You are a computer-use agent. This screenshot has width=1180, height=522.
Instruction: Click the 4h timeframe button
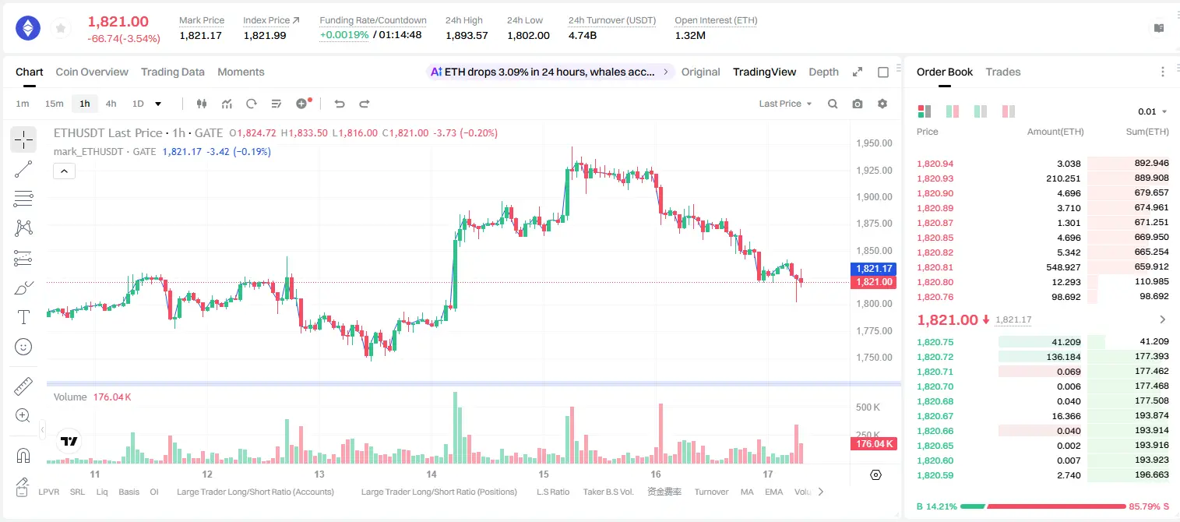tap(111, 104)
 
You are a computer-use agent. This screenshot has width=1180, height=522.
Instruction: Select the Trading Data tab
tap(173, 72)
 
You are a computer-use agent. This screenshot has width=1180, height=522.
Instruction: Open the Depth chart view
tap(823, 72)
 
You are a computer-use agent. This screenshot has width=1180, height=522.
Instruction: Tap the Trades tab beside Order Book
tap(1003, 72)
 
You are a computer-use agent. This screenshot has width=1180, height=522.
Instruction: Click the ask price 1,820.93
tap(935, 178)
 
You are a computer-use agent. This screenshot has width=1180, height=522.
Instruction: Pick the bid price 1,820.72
tap(935, 357)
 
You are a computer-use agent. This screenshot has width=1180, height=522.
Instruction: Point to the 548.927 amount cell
tap(1063, 267)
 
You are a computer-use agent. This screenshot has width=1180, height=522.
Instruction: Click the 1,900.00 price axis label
tap(874, 197)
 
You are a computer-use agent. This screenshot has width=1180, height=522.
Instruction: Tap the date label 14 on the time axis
tap(431, 474)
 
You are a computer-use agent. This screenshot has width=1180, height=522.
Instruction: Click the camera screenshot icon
tap(858, 104)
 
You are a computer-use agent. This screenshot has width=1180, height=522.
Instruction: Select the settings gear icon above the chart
tap(882, 104)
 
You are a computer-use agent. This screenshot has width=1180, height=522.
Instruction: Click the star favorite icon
tap(61, 28)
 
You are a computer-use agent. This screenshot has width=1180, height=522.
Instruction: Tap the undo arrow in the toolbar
tap(340, 104)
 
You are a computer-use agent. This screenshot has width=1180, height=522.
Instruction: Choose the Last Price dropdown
tap(785, 104)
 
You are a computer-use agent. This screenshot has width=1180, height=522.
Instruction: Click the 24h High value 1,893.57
tap(467, 35)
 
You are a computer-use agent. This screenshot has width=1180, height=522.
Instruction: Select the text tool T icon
tap(23, 317)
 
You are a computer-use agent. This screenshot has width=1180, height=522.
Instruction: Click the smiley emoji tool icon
tap(23, 347)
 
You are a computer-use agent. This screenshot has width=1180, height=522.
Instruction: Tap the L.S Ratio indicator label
tap(552, 492)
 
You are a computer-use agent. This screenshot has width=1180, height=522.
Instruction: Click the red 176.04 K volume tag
tap(874, 444)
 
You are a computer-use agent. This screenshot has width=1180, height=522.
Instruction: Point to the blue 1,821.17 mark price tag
tap(873, 269)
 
